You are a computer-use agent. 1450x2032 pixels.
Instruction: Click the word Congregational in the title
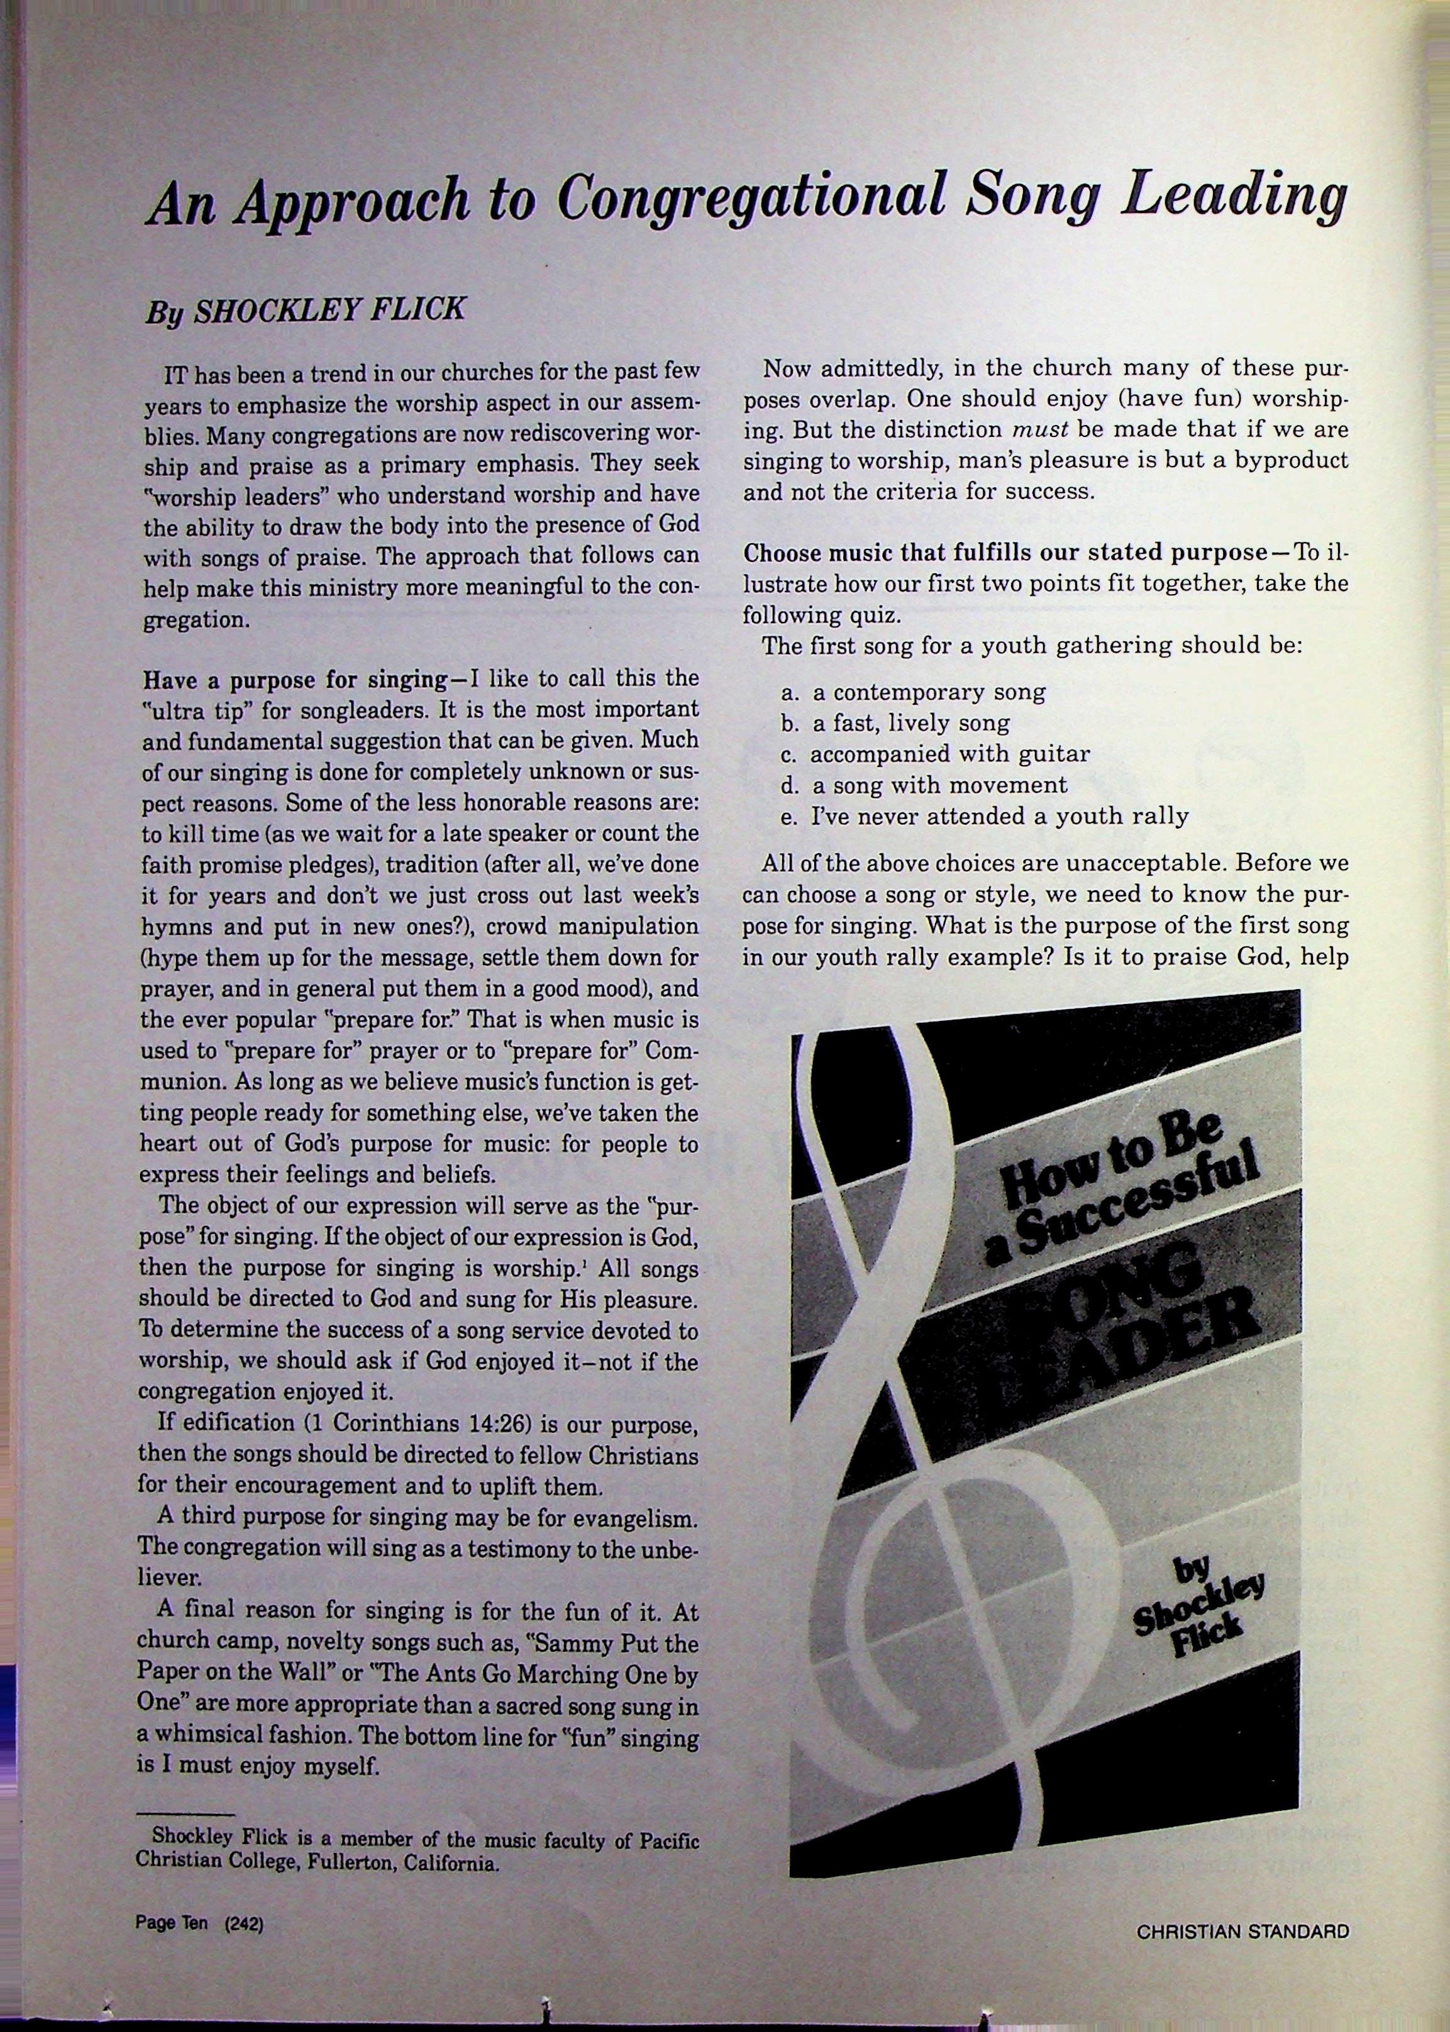coord(751,198)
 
